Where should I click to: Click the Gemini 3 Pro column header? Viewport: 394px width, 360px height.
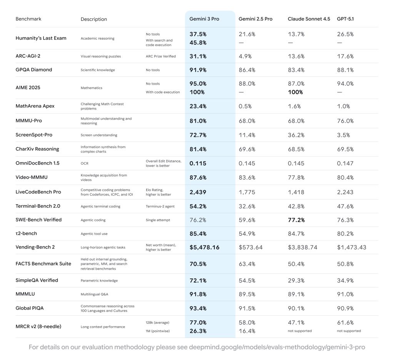(x=204, y=19)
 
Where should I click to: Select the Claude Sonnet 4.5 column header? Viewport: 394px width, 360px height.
(x=309, y=19)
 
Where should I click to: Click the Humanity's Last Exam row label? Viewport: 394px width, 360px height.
(x=41, y=38)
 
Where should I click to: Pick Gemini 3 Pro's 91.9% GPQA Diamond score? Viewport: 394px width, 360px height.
(x=198, y=70)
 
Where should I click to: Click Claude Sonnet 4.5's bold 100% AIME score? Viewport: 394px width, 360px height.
(x=295, y=92)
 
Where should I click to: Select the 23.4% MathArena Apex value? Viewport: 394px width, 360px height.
(x=198, y=106)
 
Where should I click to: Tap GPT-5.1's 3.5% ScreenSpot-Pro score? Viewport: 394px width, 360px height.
(x=343, y=135)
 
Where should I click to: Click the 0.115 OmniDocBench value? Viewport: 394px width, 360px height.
(x=198, y=163)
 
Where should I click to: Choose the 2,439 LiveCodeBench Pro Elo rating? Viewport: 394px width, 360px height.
(x=198, y=192)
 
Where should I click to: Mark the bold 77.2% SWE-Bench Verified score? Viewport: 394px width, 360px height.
(x=296, y=220)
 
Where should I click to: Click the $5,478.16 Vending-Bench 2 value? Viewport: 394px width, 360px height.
(x=204, y=247)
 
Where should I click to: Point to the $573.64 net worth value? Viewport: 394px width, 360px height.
(x=250, y=247)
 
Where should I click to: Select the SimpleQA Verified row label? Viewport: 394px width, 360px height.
(x=37, y=280)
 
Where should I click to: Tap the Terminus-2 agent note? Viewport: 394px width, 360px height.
(x=160, y=206)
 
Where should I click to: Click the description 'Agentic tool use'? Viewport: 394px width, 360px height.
(x=93, y=233)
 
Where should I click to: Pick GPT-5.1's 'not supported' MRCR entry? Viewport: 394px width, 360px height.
(x=349, y=331)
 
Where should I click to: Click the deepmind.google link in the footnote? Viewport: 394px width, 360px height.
(x=277, y=347)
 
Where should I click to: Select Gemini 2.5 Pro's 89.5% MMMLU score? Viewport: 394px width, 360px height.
(x=247, y=294)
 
